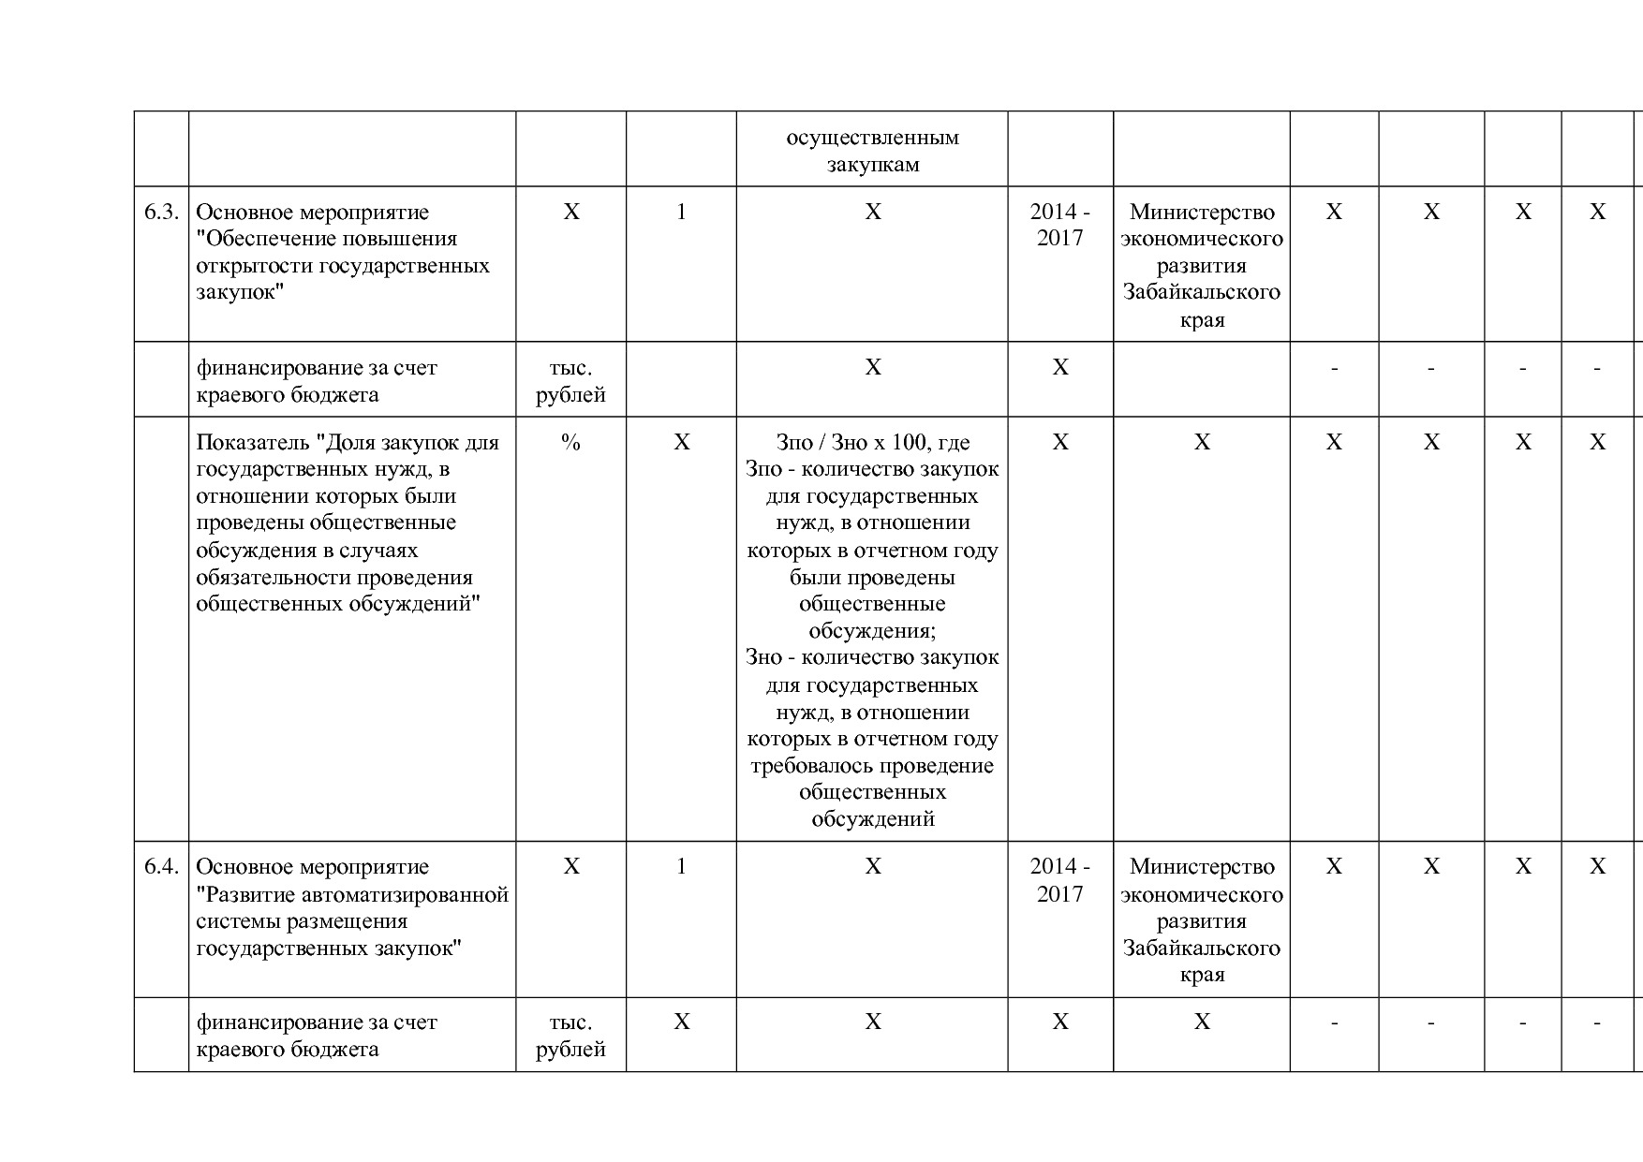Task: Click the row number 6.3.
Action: click(161, 213)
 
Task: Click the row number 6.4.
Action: click(161, 867)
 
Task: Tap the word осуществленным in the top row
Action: click(872, 138)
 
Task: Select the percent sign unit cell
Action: click(570, 443)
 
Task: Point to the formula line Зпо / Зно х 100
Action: click(872, 443)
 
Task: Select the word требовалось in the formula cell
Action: click(806, 766)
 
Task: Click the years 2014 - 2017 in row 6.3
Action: click(1059, 226)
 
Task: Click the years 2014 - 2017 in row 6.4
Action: click(1059, 880)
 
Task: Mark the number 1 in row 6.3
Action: click(681, 213)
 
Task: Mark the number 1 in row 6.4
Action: click(681, 867)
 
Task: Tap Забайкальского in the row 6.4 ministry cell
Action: click(1202, 948)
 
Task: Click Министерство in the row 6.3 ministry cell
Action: click(1202, 213)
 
